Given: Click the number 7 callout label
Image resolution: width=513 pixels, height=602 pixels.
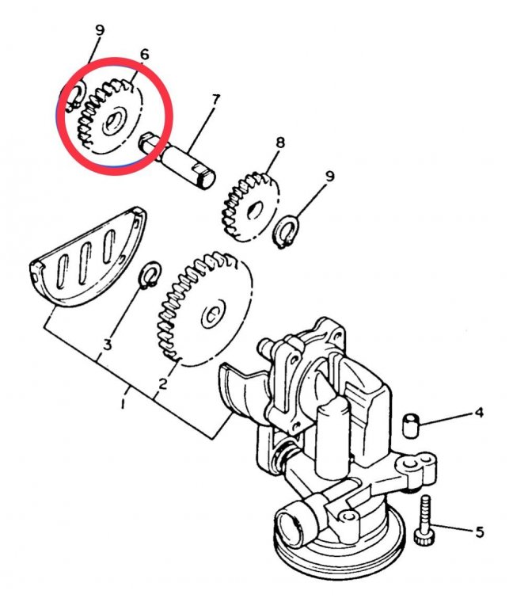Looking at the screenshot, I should (215, 100).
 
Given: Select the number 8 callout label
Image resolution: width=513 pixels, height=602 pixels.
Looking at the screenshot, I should (279, 143).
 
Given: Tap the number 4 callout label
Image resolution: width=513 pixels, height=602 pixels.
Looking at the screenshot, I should (479, 412).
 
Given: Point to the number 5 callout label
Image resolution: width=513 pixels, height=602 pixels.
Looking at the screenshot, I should (479, 532).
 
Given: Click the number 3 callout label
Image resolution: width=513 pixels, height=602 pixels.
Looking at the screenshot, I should (108, 345).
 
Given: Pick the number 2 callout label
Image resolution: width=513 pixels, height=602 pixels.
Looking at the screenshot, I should (162, 384).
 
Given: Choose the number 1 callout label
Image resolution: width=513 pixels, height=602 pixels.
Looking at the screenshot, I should (123, 404).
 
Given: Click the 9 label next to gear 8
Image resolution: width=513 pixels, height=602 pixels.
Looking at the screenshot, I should (330, 176).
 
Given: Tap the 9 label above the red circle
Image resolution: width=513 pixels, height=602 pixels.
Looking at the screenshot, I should (99, 30).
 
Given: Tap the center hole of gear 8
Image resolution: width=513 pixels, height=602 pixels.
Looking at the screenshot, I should (255, 210).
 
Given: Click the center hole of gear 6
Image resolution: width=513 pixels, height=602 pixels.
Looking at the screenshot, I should (112, 121).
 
